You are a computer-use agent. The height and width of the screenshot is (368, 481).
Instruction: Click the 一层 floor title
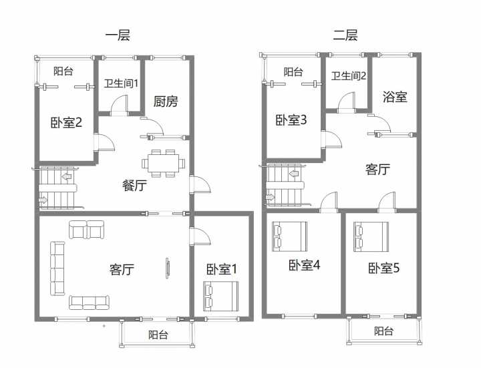118,35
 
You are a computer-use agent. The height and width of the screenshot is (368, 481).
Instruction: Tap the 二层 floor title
345,35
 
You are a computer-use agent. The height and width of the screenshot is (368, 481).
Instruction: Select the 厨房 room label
166,102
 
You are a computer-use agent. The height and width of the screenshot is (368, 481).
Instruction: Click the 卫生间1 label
121,83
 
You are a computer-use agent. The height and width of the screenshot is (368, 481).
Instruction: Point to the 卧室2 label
66,122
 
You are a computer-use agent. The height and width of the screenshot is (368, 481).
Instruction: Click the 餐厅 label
134,185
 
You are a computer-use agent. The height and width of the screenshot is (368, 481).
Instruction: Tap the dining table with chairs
164,163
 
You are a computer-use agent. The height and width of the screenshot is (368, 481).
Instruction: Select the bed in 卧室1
220,297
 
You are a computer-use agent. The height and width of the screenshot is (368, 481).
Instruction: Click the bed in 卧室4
289,236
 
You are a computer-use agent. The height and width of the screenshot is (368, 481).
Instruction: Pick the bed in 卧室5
371,236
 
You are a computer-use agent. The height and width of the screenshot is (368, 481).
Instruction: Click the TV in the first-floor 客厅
168,268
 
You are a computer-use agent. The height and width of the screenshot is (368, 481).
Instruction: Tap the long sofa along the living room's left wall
57,268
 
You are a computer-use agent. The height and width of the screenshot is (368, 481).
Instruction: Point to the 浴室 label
395,97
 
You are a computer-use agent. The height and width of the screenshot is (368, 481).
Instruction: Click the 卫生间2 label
349,75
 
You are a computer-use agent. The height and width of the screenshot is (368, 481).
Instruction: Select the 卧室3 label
291,120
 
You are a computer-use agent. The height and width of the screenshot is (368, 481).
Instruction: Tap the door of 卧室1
200,236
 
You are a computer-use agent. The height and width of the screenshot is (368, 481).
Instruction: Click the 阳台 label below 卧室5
383,331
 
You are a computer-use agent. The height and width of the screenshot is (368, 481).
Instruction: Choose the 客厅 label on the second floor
377,169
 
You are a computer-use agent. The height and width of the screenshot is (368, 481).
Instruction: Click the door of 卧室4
329,202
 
